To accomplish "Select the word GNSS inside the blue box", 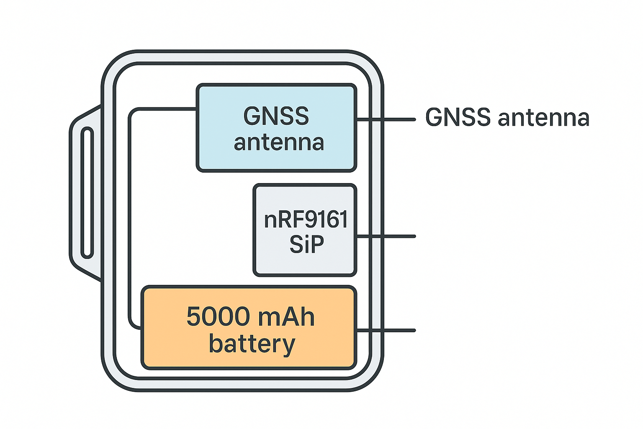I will click(x=276, y=116).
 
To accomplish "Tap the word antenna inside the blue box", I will click(x=279, y=142).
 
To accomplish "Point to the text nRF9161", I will click(x=306, y=220).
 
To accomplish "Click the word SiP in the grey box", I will click(x=306, y=244).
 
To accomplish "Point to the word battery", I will click(x=252, y=344).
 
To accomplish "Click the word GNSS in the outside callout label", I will click(x=458, y=117).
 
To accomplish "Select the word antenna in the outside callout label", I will click(x=543, y=118).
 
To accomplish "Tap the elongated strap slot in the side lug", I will click(x=87, y=192).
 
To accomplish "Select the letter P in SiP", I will click(x=317, y=244).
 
